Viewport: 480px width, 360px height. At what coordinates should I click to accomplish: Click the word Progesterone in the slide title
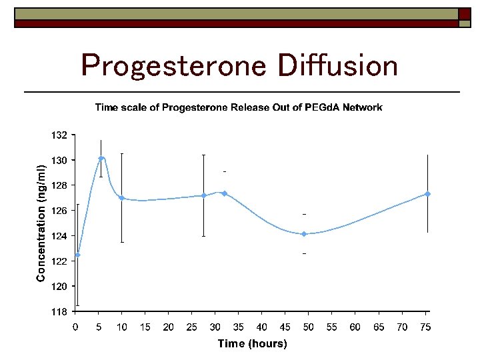173,65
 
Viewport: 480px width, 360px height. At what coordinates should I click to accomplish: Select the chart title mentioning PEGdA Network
238,107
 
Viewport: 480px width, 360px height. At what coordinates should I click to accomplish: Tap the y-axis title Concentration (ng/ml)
41,223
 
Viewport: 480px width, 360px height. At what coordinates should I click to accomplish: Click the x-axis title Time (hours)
252,344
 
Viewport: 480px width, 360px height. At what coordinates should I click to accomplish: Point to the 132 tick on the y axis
59,135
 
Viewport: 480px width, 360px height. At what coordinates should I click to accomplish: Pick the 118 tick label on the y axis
59,312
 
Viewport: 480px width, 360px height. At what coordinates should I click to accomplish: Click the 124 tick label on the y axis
59,236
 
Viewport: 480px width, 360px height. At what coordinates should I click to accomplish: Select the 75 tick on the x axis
425,327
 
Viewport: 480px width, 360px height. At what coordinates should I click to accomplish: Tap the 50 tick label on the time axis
309,327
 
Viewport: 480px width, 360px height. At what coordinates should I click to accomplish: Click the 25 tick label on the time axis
192,327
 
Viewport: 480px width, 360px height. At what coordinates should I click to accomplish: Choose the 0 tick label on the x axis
75,327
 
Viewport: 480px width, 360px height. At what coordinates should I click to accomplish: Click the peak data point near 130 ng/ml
101,159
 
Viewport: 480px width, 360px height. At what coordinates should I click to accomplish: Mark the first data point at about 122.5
78,255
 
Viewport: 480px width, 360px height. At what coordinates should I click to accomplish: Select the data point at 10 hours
122,198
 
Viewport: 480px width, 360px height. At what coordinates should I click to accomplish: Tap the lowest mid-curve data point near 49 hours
304,234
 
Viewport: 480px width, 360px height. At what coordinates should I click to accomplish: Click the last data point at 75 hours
427,194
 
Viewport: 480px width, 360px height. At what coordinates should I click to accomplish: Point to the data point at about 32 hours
225,193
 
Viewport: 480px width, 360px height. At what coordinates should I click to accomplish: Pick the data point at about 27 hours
203,195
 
